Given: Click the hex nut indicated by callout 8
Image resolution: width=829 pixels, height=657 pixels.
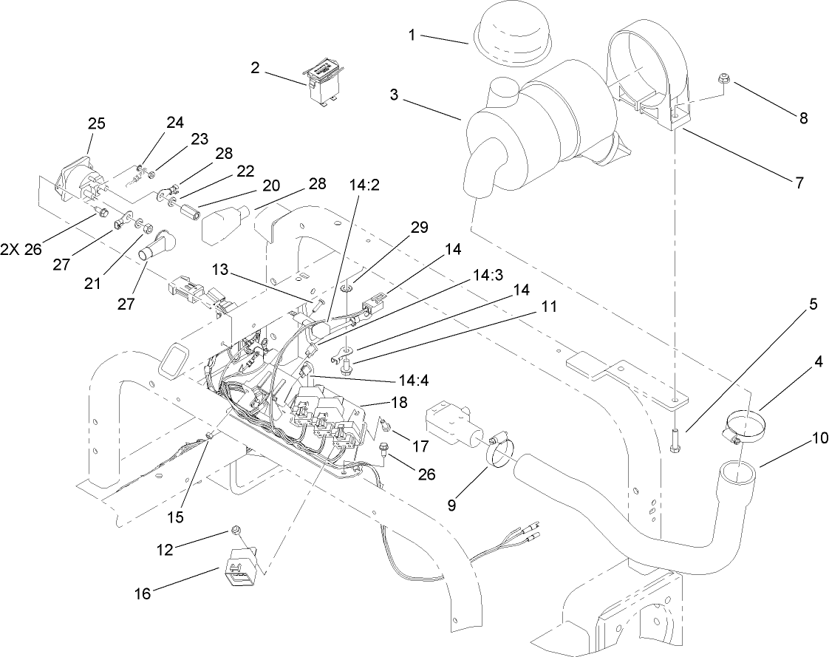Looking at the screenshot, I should tap(724, 78).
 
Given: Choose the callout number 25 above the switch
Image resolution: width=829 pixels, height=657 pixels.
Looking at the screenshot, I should tap(97, 123).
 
